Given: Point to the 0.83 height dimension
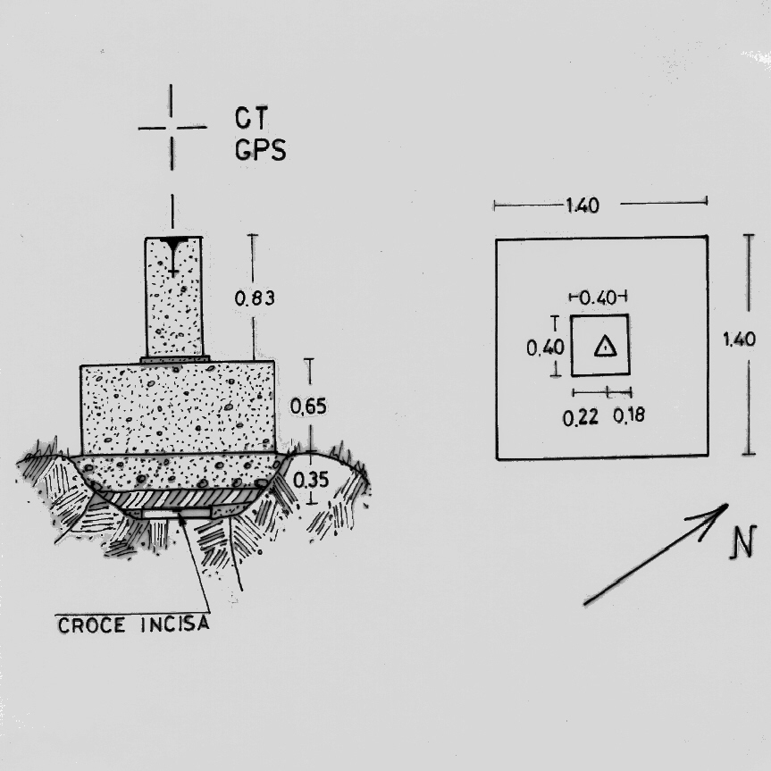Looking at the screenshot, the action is (255, 299).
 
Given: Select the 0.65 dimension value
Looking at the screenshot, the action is (308, 406).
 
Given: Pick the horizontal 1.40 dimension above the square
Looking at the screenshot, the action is (582, 205).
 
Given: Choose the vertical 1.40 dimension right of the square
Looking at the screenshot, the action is (741, 339).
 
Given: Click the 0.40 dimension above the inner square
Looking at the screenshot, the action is (598, 297).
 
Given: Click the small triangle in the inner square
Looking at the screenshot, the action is (605, 347).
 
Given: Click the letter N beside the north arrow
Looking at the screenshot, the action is (738, 542).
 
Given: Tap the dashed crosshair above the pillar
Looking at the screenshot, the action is (172, 128).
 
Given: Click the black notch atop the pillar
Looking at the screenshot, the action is (173, 242).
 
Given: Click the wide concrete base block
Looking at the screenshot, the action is (177, 407).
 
